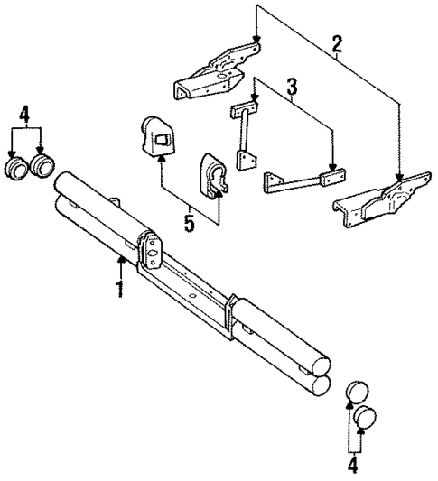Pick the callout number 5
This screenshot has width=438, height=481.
pyautogui.click(x=189, y=221)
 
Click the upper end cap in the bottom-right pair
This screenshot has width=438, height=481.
pyautogui.click(x=358, y=393)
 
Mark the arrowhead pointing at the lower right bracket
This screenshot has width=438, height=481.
pyautogui.click(x=398, y=178)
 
